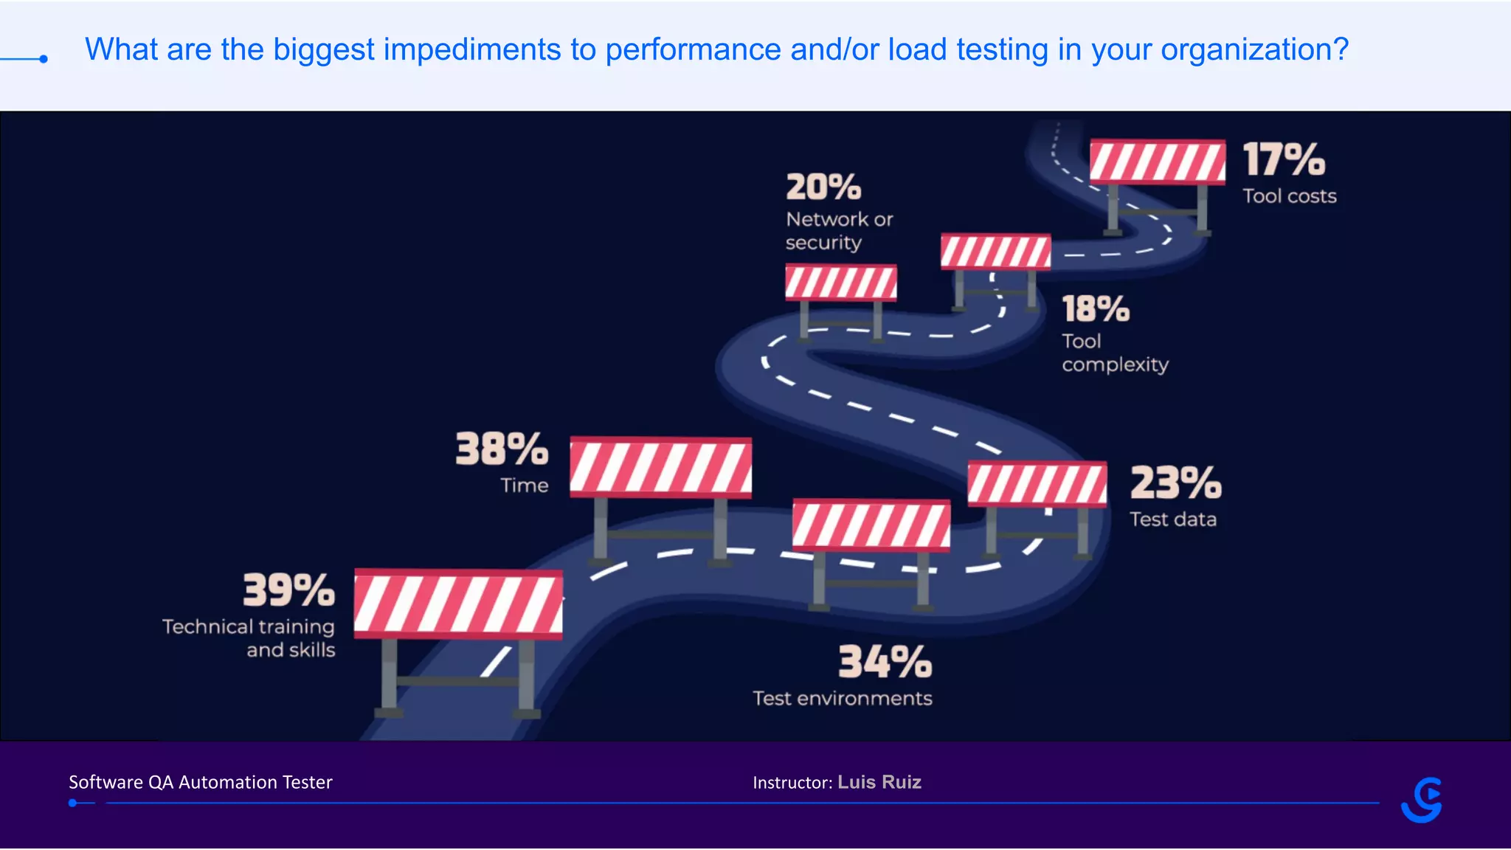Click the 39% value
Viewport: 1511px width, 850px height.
[288, 590]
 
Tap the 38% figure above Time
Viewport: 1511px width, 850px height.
[502, 449]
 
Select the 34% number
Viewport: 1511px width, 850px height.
[885, 662]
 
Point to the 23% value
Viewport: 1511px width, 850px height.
[1175, 483]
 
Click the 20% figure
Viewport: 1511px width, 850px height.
[823, 187]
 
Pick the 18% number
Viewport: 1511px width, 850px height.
[1096, 309]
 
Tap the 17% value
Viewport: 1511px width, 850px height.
[1284, 160]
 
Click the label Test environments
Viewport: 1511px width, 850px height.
[843, 699]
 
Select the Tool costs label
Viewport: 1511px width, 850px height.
[1290, 196]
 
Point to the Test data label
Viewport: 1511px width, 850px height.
[1173, 519]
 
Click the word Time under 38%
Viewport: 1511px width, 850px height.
[525, 486]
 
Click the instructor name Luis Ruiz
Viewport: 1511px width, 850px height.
[879, 782]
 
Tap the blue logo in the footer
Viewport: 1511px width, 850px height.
[1422, 800]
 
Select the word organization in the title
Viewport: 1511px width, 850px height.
[1254, 50]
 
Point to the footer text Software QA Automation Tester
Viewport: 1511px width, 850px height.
[201, 782]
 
